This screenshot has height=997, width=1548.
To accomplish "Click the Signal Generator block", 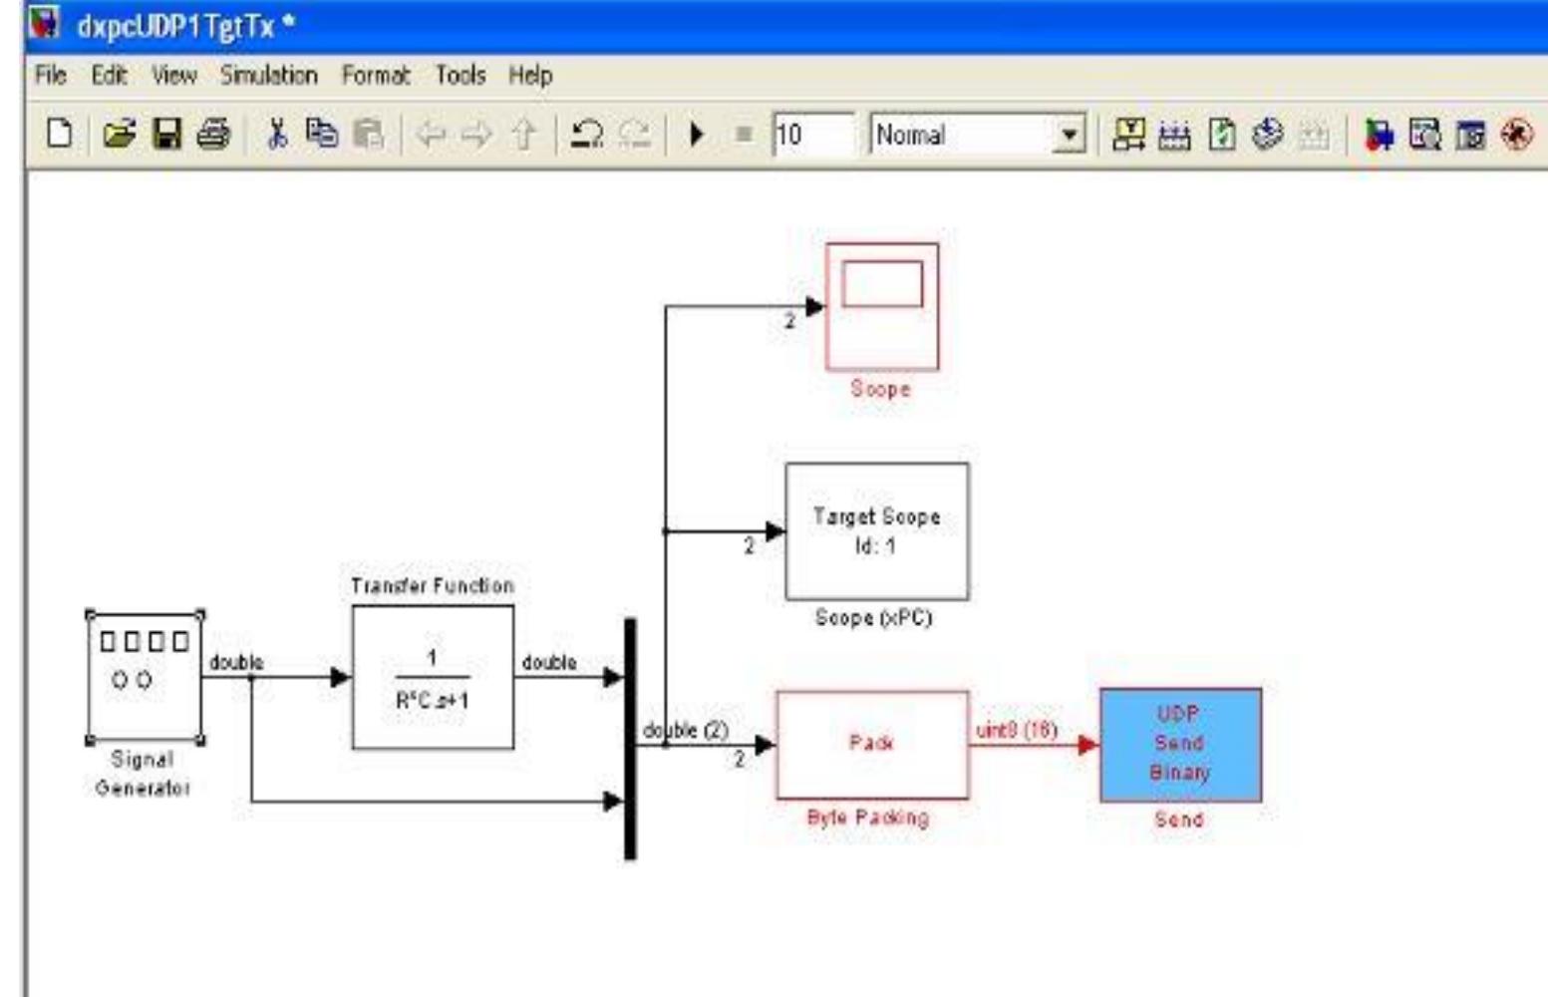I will point(145,677).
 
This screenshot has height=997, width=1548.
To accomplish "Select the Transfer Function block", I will point(433,677).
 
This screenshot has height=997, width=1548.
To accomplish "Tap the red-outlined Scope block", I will point(882,306).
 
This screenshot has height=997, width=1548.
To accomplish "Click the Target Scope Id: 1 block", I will point(876,530).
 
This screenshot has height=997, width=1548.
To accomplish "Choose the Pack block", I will point(872,744).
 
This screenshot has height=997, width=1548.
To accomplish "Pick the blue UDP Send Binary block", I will point(1180,744).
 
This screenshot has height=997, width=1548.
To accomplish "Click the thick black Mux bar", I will point(630,738).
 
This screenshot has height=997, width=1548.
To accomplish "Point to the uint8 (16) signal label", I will point(1016,730).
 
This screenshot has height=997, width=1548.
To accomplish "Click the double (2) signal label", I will point(686,730).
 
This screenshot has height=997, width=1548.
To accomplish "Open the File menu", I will point(50,76).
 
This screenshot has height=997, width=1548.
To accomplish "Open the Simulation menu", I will point(268,76).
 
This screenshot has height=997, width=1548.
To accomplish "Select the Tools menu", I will point(460,76).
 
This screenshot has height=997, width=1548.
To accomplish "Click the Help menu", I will point(529,76).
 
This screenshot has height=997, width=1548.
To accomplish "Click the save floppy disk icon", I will point(166,134).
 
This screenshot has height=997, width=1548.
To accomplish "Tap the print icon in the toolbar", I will point(213,134).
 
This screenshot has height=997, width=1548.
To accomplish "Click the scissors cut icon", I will point(277,134).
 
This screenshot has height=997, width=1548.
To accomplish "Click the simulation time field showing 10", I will point(811,135).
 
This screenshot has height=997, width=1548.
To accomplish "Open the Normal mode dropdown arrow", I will point(1069,135).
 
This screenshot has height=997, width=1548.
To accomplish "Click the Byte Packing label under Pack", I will point(867,819).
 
